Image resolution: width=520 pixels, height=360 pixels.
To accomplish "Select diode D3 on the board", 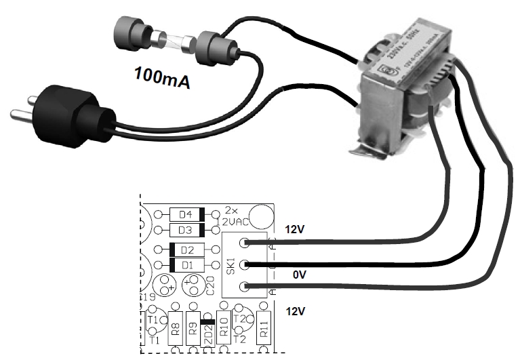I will click(x=186, y=229).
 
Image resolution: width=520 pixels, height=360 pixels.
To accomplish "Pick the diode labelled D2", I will click(x=186, y=249).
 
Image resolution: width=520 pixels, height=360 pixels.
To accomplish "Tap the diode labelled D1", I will click(x=186, y=264).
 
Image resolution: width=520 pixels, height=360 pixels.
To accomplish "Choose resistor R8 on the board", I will click(x=175, y=330).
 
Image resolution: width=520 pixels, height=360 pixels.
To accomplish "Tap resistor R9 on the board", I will click(x=193, y=330).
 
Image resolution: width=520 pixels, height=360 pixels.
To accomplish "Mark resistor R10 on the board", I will click(x=226, y=330).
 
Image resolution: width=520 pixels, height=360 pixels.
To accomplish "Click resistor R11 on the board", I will click(x=264, y=330).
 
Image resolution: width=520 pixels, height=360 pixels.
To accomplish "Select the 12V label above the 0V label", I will click(x=295, y=230).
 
